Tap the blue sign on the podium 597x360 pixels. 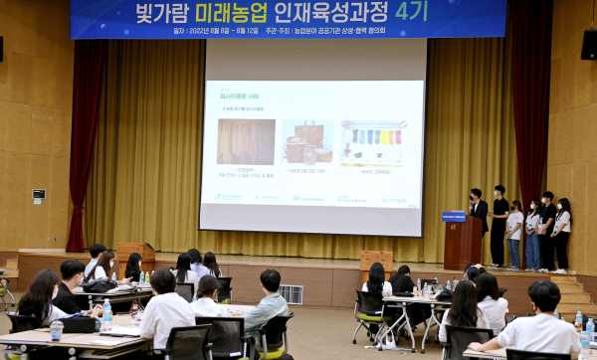(454, 216)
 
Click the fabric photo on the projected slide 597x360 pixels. (246, 141)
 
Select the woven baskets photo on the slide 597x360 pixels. (307, 142)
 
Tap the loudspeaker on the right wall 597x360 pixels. (589, 45)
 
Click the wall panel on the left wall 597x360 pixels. (39, 195)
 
